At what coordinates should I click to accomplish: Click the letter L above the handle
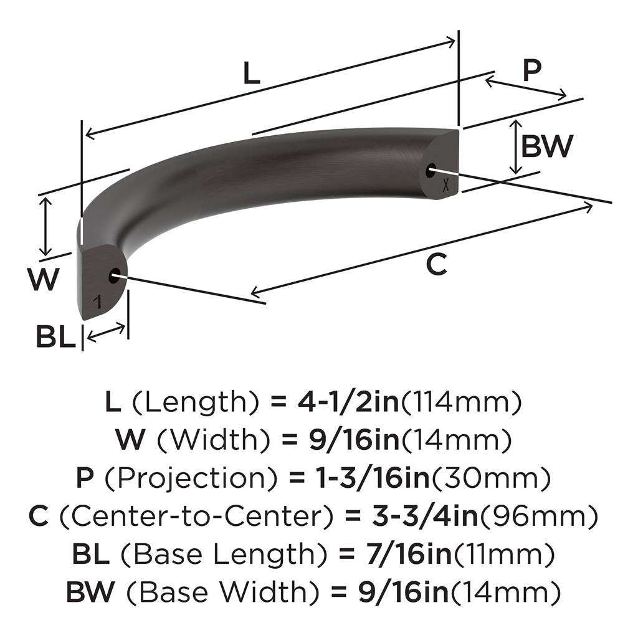coord(250,74)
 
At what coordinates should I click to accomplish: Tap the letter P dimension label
coord(531,72)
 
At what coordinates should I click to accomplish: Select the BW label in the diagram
coord(546,147)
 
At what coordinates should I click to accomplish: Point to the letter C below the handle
coord(436,265)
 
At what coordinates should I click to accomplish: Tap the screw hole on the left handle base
coord(115,276)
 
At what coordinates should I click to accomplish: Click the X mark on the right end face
coord(445,184)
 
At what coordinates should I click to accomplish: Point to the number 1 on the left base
coord(97,303)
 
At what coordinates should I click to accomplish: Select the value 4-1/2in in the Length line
coord(342,404)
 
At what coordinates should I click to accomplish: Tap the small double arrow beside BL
coord(105,333)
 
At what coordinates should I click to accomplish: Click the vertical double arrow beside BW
coord(515,148)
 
